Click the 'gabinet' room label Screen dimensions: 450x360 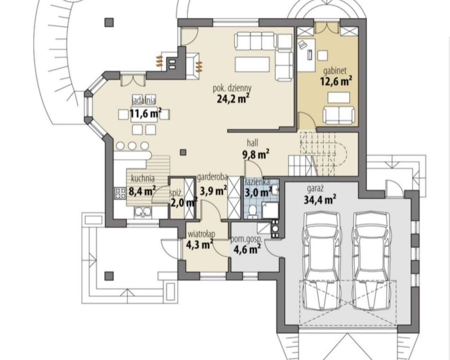coord(335,71)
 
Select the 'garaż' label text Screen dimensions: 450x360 coord(316,189)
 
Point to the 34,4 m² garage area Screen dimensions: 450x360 coord(320,200)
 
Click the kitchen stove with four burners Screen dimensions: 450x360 coord(120,193)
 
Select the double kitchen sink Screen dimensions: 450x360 coord(143,212)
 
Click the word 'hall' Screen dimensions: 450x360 coord(253,143)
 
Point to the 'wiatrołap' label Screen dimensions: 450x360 coord(202,234)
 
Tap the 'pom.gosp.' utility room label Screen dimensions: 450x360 coord(246,240)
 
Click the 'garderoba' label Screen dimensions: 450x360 coord(212,177)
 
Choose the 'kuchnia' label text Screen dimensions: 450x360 coord(143,179)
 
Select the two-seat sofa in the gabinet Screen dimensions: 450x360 coord(339,115)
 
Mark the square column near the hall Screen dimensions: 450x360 coord(183,152)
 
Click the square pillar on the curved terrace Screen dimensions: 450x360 coord(109,22)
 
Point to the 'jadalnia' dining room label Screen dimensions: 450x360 coord(144,100)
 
